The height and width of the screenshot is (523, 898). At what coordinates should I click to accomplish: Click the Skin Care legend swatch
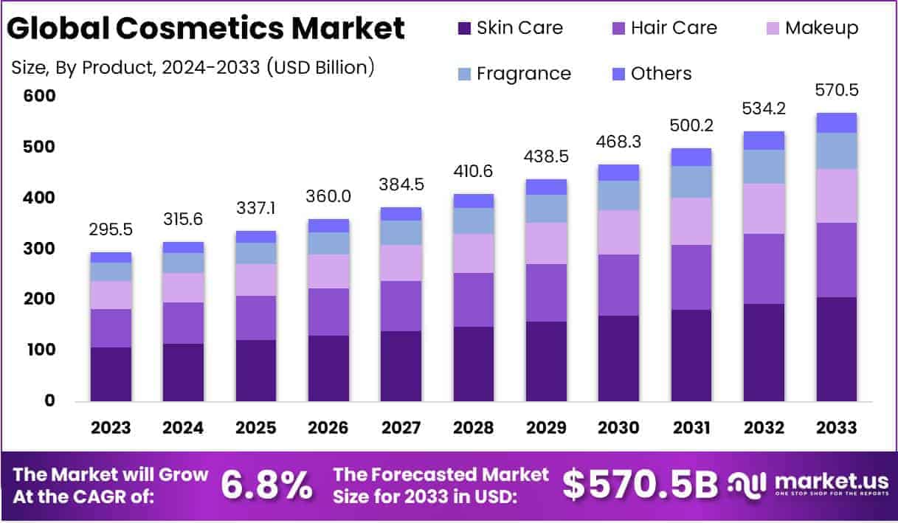pyautogui.click(x=464, y=29)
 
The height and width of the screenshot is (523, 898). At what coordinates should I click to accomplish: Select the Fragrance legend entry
pyautogui.click(x=523, y=74)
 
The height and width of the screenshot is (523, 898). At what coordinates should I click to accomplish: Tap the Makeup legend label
pyautogui.click(x=821, y=28)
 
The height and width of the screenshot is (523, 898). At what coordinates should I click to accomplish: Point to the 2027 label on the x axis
pyautogui.click(x=401, y=428)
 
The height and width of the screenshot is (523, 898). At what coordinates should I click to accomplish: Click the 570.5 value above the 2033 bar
pyautogui.click(x=837, y=91)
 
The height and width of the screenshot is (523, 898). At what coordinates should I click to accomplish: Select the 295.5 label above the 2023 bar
pyautogui.click(x=111, y=230)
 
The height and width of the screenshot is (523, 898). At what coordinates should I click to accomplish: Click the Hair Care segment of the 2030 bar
pyautogui.click(x=618, y=285)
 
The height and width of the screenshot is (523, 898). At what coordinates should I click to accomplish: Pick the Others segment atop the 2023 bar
pyautogui.click(x=111, y=257)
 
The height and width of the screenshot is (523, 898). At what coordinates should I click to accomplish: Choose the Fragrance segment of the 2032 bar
pyautogui.click(x=764, y=167)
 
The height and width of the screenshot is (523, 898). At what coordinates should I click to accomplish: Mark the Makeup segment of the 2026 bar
pyautogui.click(x=328, y=271)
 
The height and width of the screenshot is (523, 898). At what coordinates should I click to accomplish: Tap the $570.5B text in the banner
pyautogui.click(x=640, y=484)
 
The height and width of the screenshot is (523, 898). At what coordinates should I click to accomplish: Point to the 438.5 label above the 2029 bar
pyautogui.click(x=546, y=158)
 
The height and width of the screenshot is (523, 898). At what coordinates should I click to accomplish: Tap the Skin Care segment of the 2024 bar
pyautogui.click(x=183, y=372)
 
